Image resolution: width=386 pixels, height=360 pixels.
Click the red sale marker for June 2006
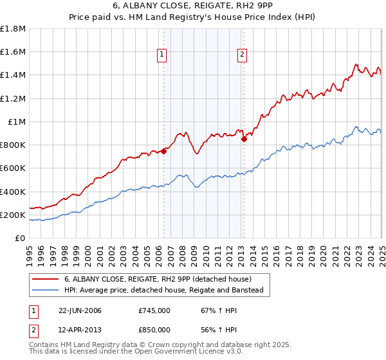(163, 151)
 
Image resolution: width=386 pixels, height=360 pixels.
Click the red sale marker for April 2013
(244, 138)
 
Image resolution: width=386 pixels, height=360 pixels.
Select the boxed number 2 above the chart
(242, 55)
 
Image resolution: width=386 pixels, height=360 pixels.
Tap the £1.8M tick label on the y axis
(13, 29)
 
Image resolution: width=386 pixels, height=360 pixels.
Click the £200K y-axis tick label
(13, 215)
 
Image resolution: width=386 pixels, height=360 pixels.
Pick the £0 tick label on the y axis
(21, 238)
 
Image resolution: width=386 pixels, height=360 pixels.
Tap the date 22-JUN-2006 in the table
(80, 310)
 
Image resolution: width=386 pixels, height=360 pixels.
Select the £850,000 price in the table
(154, 330)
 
